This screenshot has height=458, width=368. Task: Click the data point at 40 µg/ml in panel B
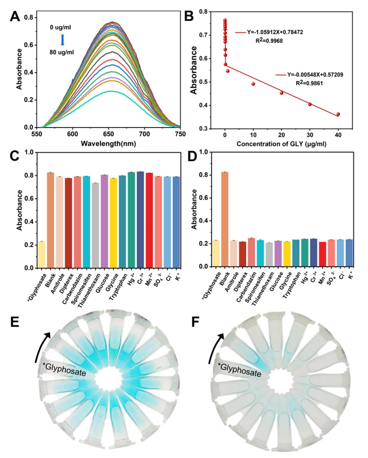[x=338, y=114]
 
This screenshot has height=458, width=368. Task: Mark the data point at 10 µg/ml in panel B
[x=253, y=84]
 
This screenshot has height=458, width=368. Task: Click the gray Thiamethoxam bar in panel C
[x=95, y=225]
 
